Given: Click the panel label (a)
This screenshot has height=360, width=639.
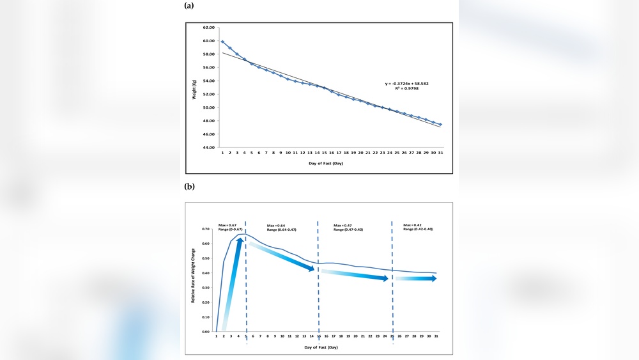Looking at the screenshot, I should [x=189, y=5].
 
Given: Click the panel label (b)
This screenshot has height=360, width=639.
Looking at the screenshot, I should [x=189, y=187].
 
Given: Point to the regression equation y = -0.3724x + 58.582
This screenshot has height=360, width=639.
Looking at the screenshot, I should [x=408, y=84].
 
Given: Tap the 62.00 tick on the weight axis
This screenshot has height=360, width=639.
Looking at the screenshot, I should [x=209, y=27].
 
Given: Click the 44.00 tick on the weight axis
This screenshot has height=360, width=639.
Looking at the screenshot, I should [x=209, y=148].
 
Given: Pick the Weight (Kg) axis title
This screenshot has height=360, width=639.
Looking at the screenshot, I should [x=195, y=87].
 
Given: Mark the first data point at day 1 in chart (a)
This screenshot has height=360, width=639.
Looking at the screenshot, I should [x=222, y=42].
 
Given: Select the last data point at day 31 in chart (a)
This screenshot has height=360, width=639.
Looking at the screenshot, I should [x=441, y=124].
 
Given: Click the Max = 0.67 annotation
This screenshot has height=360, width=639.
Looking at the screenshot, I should [x=227, y=224].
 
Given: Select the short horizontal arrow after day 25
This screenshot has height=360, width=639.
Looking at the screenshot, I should [x=416, y=278].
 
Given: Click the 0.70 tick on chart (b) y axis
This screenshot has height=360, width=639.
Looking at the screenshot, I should [x=206, y=229].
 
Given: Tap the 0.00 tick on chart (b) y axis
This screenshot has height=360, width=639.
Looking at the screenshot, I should [x=206, y=332].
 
